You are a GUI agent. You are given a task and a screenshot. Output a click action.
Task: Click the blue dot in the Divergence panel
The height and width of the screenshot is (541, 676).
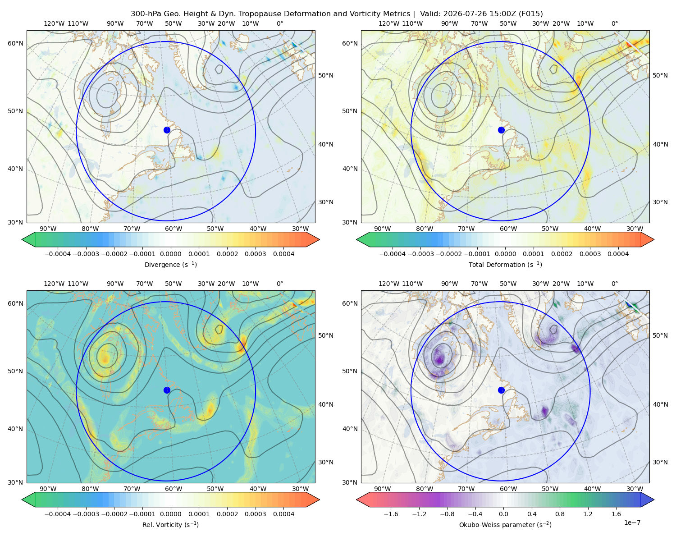click(167, 130)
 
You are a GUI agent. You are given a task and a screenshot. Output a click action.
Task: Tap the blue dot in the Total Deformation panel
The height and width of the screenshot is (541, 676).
click(501, 130)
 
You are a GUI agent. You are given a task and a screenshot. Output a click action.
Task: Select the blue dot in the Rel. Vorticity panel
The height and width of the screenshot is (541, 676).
click(167, 390)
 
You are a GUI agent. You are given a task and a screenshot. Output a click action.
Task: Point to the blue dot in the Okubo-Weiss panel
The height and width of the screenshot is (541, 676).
click(501, 390)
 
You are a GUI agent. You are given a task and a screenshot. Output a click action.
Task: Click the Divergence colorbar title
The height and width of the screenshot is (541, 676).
click(170, 264)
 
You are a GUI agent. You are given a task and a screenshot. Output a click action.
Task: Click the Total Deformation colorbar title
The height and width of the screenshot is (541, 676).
click(505, 264)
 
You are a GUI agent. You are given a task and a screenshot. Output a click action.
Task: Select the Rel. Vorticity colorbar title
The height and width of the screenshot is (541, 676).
click(170, 525)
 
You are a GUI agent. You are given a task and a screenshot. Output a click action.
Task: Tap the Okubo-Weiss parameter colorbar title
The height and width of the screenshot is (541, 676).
click(505, 525)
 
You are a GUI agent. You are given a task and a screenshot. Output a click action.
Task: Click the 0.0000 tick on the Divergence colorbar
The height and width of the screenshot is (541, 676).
click(170, 254)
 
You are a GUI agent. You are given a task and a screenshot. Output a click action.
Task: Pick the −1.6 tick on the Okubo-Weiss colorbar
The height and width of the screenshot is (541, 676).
click(391, 514)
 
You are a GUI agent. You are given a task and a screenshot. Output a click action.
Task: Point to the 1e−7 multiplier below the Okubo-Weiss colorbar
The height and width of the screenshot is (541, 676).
click(632, 523)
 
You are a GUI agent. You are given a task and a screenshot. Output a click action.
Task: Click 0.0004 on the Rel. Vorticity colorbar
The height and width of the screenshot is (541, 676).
click(283, 514)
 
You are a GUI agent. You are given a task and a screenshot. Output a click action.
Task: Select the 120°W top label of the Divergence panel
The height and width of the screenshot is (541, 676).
click(54, 23)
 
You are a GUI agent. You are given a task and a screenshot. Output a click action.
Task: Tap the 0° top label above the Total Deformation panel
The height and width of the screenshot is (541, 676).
click(614, 23)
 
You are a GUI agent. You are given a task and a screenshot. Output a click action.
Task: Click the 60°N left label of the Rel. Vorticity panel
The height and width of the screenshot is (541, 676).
click(15, 303)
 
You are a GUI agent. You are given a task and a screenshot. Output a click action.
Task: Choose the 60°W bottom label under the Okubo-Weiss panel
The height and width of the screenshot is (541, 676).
click(508, 489)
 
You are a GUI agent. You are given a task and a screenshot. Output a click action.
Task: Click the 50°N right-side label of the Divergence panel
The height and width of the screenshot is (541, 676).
click(326, 75)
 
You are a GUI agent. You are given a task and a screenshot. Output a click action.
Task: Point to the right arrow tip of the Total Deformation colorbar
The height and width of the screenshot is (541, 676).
click(654, 239)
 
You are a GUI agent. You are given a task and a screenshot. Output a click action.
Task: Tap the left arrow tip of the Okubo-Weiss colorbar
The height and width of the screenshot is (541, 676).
click(356, 500)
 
